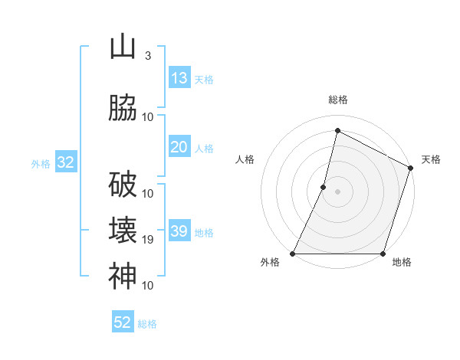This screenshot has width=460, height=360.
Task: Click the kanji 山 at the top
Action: click(x=123, y=47)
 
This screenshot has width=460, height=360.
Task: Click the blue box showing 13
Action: click(x=179, y=78)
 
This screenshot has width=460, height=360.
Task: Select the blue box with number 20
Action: click(x=179, y=147)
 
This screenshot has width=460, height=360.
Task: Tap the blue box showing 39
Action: click(x=179, y=231)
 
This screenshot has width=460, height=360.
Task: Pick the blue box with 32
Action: click(x=65, y=162)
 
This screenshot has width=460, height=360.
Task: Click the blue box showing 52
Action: click(x=123, y=322)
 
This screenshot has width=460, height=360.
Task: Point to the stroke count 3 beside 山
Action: click(x=147, y=56)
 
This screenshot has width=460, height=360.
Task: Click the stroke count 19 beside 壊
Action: click(x=148, y=240)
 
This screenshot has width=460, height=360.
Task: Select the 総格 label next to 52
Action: click(x=147, y=324)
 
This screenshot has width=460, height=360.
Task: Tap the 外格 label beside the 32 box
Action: click(x=41, y=163)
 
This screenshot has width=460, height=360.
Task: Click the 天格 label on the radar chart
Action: click(x=432, y=159)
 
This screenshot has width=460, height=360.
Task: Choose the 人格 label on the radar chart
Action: click(x=245, y=159)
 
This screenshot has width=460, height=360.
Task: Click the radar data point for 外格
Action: click(x=293, y=254)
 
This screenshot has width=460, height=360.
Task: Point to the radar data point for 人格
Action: click(x=324, y=187)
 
